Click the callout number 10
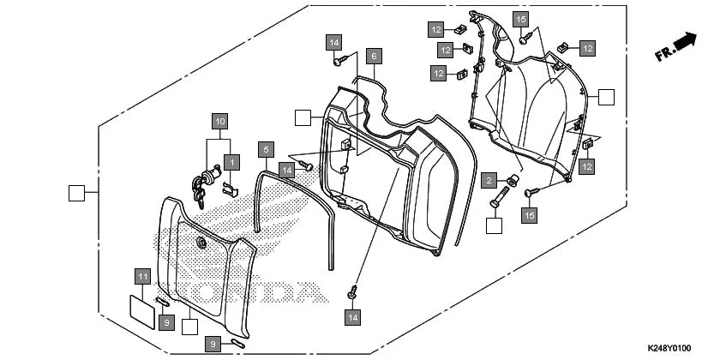pyautogui.click(x=220, y=122)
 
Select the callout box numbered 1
pyautogui.click(x=231, y=161)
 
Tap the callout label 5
pyautogui.click(x=267, y=149)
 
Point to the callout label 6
pyautogui.click(x=372, y=57)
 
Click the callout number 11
pyautogui.click(x=143, y=276)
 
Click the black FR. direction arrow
pyautogui.click(x=683, y=41)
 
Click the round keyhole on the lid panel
pyautogui.click(x=201, y=244)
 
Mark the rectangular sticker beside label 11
pyautogui.click(x=141, y=308)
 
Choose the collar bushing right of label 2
pyautogui.click(x=512, y=180)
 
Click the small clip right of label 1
pyautogui.click(x=230, y=188)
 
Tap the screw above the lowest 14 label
pyautogui.click(x=352, y=294)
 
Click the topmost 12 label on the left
pyautogui.click(x=436, y=30)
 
